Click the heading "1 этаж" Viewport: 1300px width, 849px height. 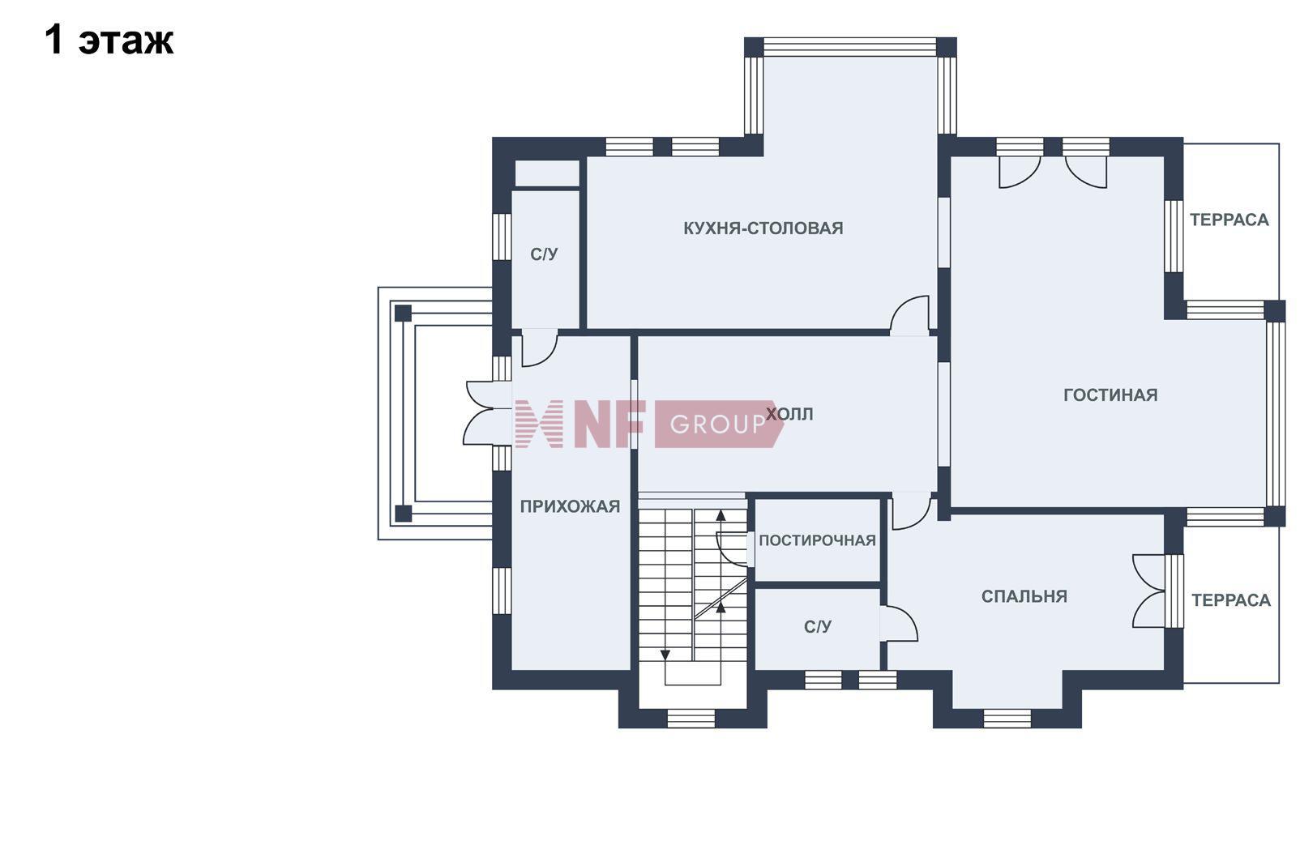click(x=109, y=41)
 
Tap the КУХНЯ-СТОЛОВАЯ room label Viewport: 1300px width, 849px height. click(x=763, y=228)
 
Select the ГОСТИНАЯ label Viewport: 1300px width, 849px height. click(x=1110, y=395)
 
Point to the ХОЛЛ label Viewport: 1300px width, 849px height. click(x=790, y=414)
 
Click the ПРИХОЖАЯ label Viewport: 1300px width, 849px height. click(x=570, y=506)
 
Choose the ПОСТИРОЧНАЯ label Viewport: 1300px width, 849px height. click(x=817, y=540)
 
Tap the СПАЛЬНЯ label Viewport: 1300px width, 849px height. click(x=1024, y=596)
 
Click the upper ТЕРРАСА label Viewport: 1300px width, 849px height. click(x=1229, y=220)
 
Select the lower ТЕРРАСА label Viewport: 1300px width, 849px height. click(x=1231, y=600)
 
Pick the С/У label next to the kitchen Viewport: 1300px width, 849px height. click(x=544, y=254)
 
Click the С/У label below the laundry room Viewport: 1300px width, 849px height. click(x=818, y=626)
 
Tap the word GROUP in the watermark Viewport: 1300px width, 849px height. click(x=718, y=424)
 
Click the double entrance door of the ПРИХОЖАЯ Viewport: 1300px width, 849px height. click(x=488, y=412)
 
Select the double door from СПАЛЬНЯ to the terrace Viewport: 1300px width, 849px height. click(x=1149, y=591)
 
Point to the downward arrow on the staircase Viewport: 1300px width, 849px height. click(x=665, y=655)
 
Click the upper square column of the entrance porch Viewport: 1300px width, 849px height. click(x=403, y=314)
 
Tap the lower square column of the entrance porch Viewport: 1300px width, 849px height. click(x=403, y=514)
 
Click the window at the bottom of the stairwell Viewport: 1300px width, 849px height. click(x=691, y=719)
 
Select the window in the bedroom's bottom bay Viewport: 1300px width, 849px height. click(x=1007, y=719)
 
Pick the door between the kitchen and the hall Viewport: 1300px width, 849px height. click(x=910, y=315)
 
